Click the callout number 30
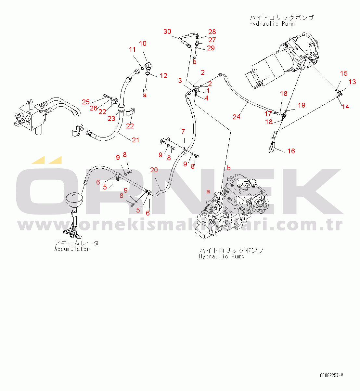[x=167, y=32]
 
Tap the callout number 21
[x=135, y=140]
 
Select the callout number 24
[x=237, y=117]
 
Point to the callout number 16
[x=291, y=151]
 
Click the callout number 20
[x=154, y=170]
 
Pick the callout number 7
[x=183, y=132]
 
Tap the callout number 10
[x=143, y=44]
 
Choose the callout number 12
[x=163, y=76]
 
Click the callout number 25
[x=86, y=102]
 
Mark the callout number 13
[x=352, y=82]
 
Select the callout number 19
[x=302, y=105]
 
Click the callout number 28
[x=212, y=32]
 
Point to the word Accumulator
[x=72, y=249]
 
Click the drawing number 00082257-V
[x=331, y=375]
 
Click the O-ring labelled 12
[x=148, y=73]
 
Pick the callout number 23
[x=111, y=119]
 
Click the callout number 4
[x=207, y=98]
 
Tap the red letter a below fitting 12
[x=145, y=95]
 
